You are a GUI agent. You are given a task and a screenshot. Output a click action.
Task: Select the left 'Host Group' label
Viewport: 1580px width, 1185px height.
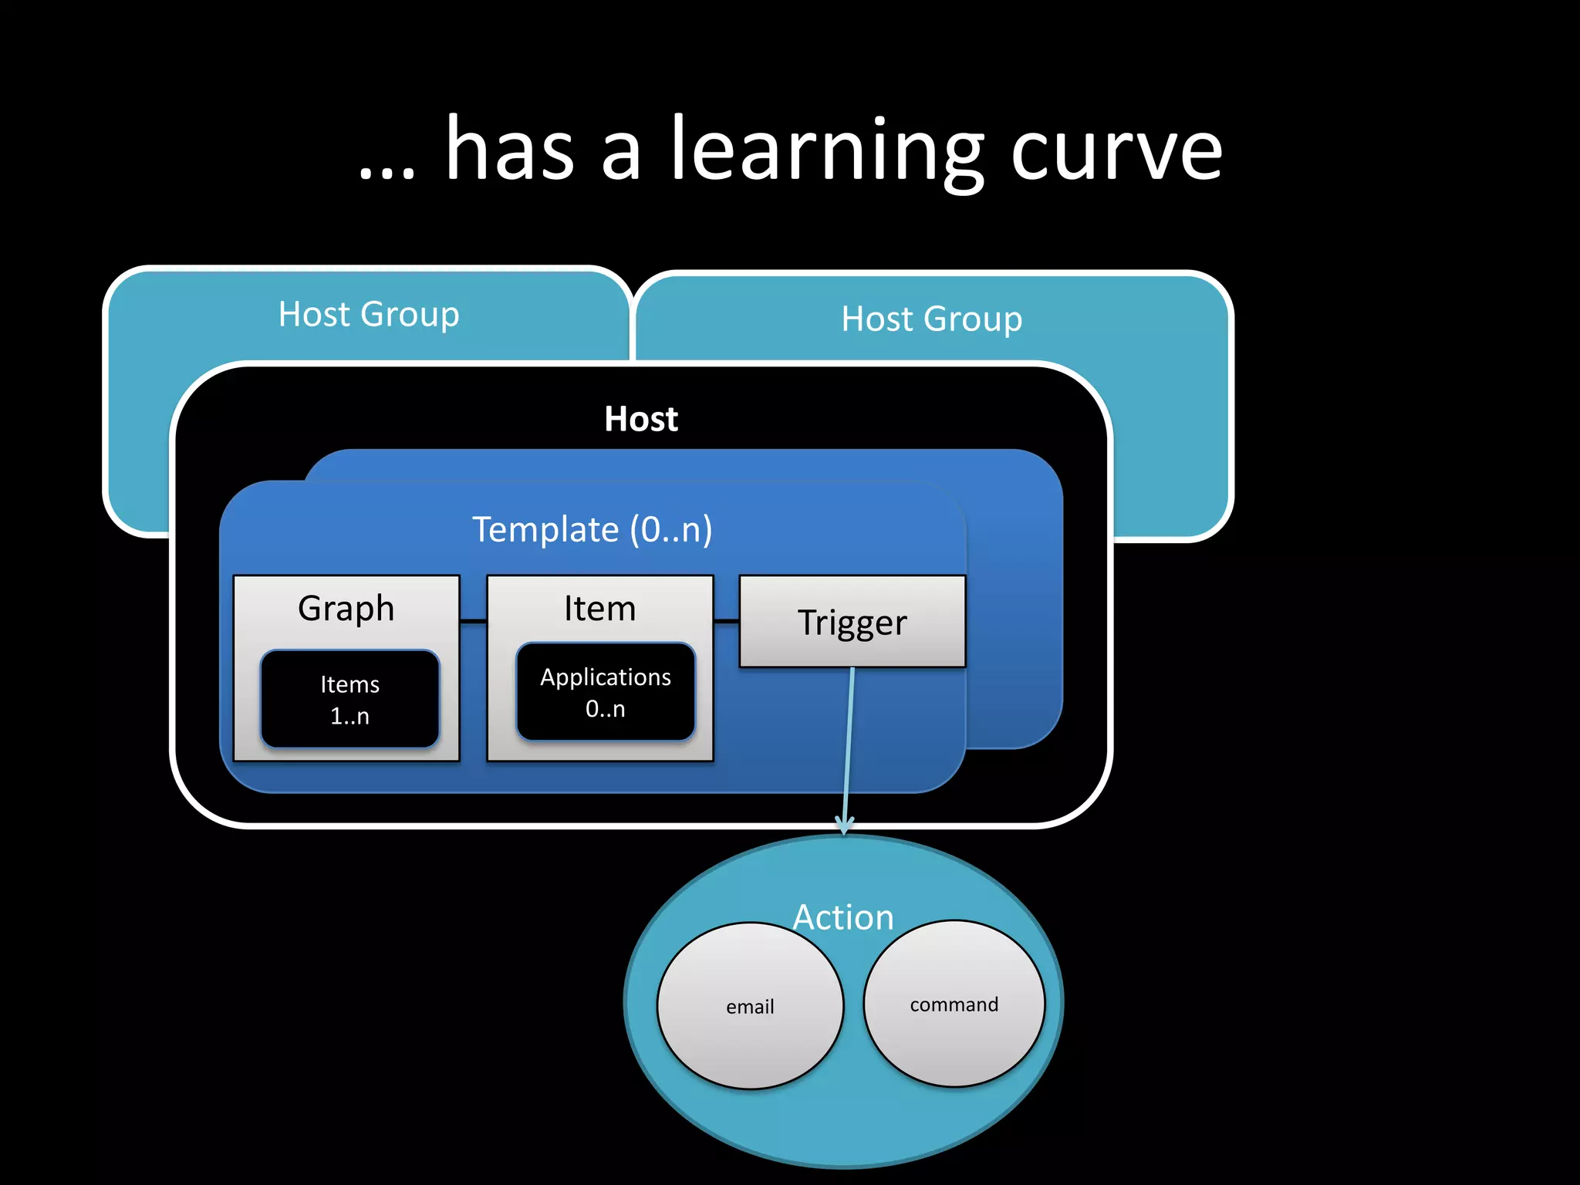pos(369,314)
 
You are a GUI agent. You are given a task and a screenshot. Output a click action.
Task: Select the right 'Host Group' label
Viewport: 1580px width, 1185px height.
pos(931,319)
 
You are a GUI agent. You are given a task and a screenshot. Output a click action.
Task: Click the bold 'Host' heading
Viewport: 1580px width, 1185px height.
pos(640,419)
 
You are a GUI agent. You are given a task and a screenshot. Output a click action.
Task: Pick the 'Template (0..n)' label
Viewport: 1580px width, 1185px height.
pos(592,529)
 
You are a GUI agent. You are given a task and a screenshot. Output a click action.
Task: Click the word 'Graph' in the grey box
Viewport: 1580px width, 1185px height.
pos(346,608)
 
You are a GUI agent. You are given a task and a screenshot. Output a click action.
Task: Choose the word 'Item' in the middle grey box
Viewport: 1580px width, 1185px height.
pos(599,608)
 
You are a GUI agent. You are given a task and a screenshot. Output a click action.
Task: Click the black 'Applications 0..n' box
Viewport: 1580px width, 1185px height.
pos(606,692)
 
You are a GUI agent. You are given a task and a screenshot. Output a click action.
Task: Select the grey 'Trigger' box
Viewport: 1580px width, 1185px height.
pos(852,621)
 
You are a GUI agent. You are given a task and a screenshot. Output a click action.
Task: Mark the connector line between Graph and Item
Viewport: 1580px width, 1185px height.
pos(473,620)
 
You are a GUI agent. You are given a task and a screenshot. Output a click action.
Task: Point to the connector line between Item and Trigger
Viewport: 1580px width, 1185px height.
pos(726,620)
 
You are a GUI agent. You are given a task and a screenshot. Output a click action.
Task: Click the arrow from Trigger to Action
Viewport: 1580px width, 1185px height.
pos(849,741)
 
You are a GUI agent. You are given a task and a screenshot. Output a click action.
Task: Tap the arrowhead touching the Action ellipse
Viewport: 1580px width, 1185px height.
pos(845,825)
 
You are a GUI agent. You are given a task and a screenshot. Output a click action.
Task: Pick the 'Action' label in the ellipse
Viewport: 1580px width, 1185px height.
pos(842,917)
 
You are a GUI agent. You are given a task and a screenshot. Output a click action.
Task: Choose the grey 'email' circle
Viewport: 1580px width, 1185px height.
pos(750,1006)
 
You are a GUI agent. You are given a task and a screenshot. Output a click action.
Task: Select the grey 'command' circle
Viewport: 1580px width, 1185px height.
pos(954,1004)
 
